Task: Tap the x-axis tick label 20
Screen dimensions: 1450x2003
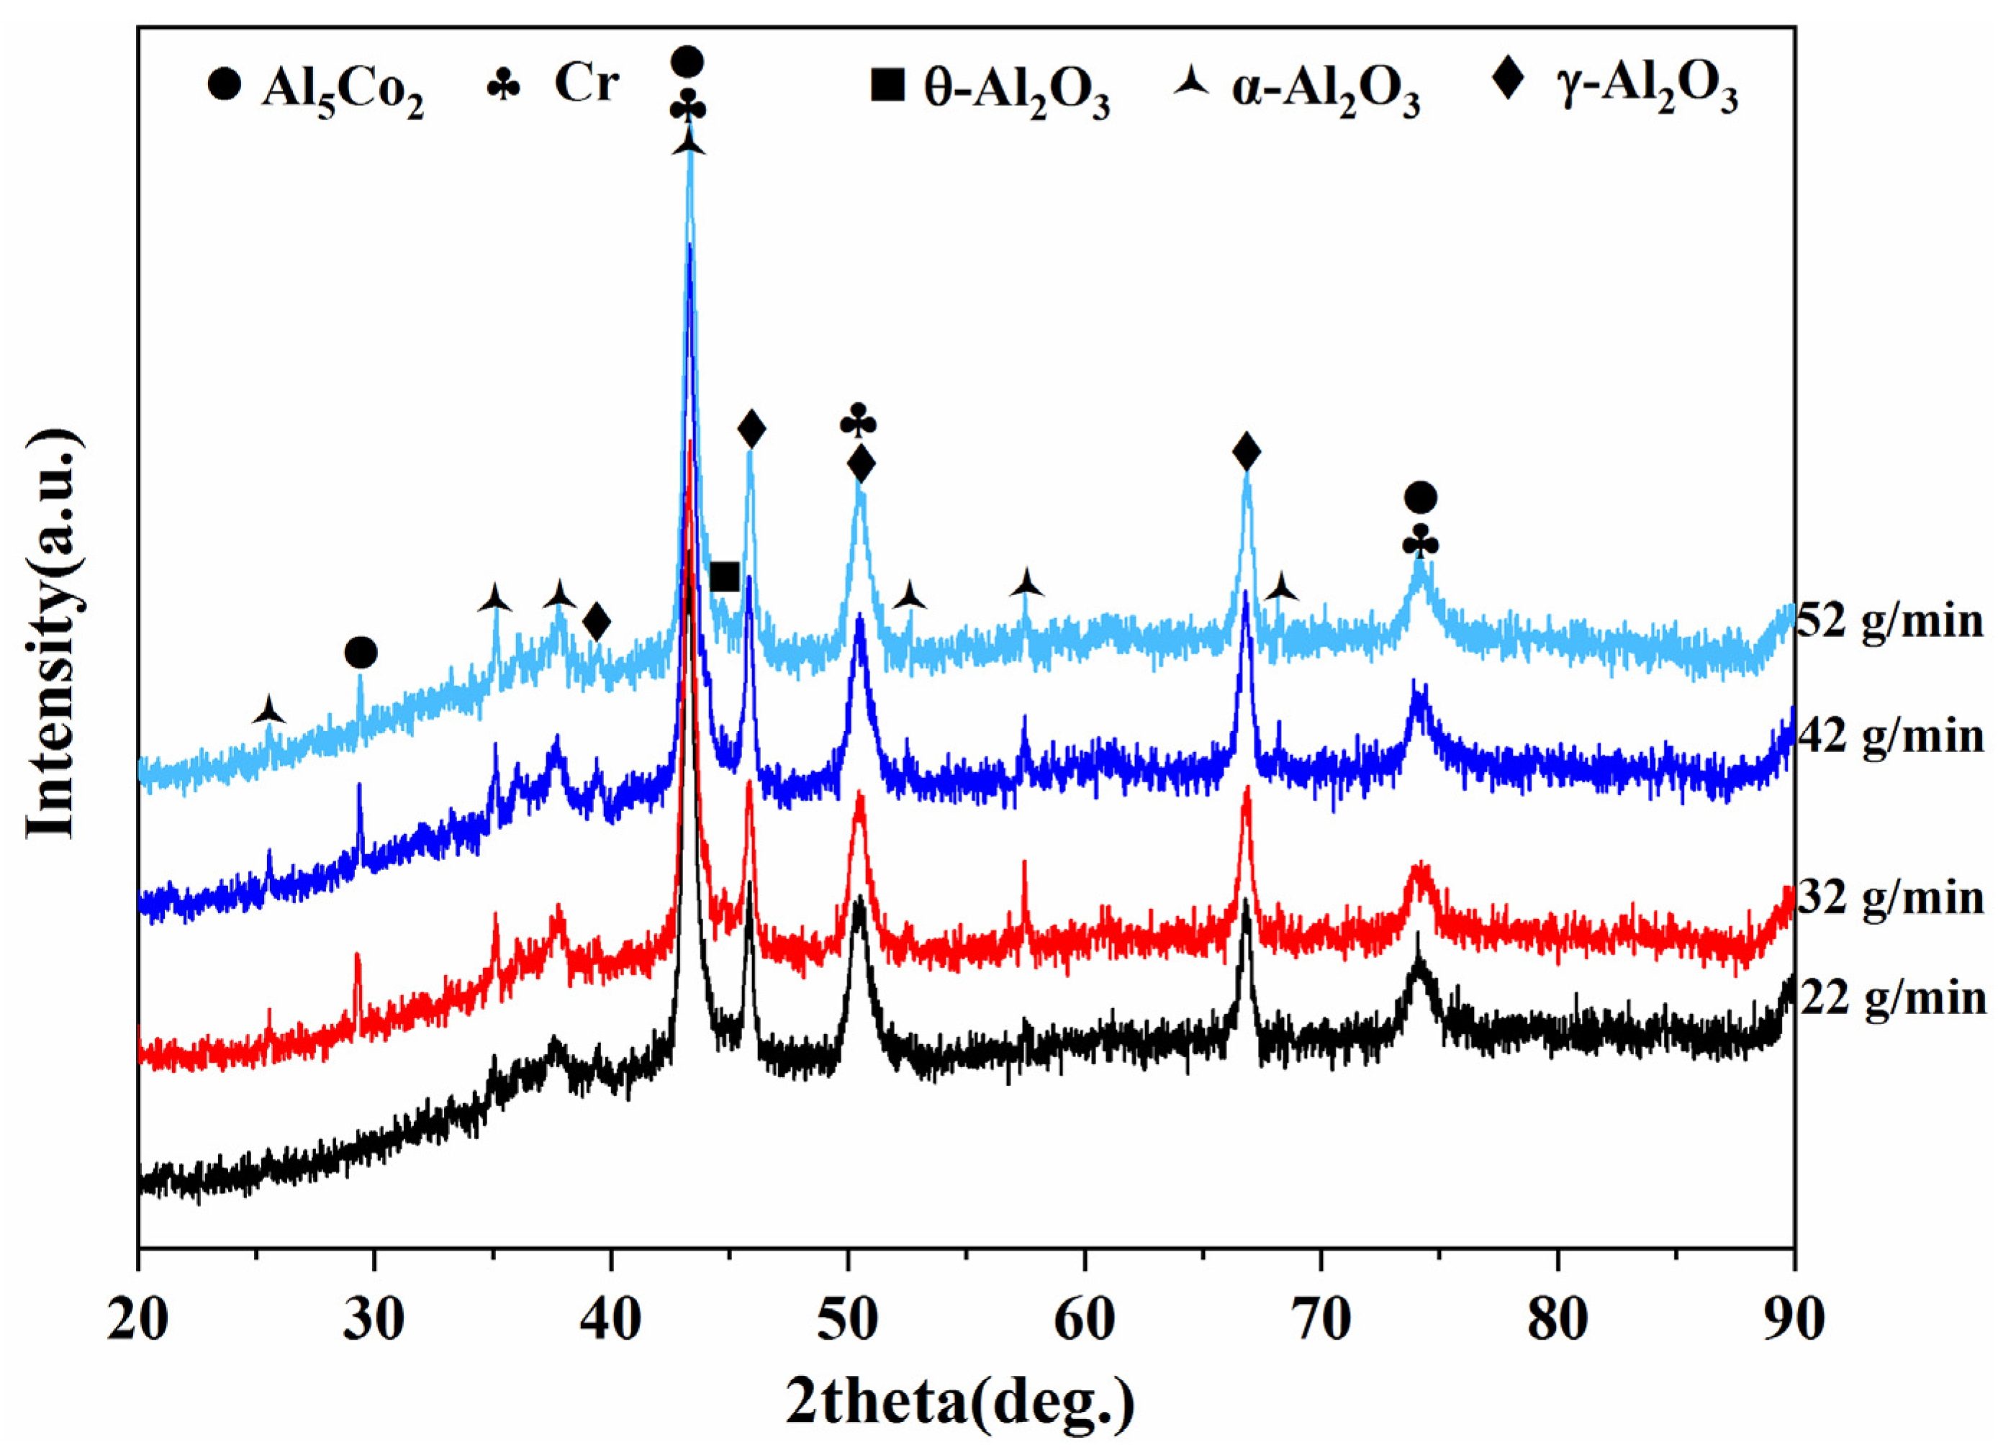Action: click(x=140, y=1322)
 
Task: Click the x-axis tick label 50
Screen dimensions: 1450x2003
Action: click(x=849, y=1322)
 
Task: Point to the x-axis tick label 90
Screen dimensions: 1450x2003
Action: click(x=1793, y=1322)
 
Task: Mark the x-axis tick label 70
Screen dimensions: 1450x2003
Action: click(x=1321, y=1322)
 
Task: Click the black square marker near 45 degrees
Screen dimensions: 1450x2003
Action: click(x=724, y=578)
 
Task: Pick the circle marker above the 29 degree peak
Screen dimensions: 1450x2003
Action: click(x=361, y=653)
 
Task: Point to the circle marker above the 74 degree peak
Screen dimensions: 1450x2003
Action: click(x=1420, y=498)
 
